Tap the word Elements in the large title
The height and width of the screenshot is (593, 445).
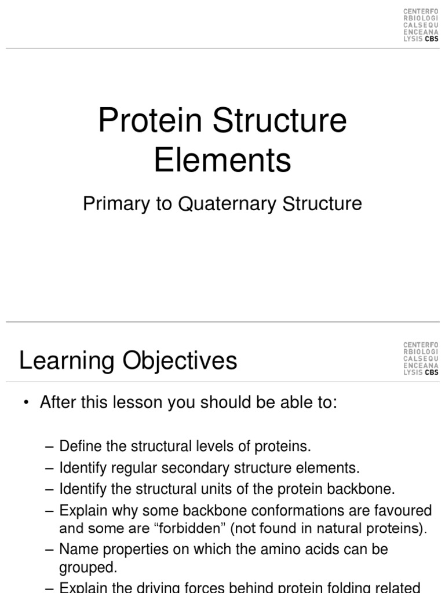click(222, 160)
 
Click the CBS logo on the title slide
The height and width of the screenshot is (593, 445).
click(421, 25)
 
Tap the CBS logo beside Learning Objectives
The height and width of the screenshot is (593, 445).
click(421, 359)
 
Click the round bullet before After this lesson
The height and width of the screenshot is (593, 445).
click(25, 403)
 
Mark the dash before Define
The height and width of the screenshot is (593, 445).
click(49, 446)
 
